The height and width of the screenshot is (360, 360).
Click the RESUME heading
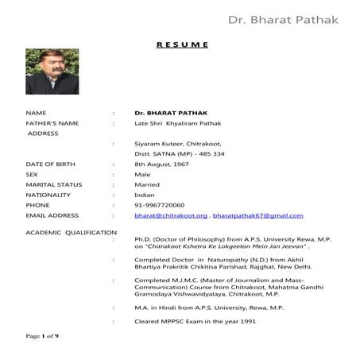[x=182, y=45]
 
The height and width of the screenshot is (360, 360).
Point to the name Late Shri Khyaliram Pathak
[x=176, y=123]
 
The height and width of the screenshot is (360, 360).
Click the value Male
[x=143, y=173]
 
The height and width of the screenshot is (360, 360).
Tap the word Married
[x=147, y=184]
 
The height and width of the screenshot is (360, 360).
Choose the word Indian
[x=145, y=194]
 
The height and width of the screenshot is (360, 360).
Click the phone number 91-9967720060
[x=160, y=204]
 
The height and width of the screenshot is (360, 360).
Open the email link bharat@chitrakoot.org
[x=171, y=215]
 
